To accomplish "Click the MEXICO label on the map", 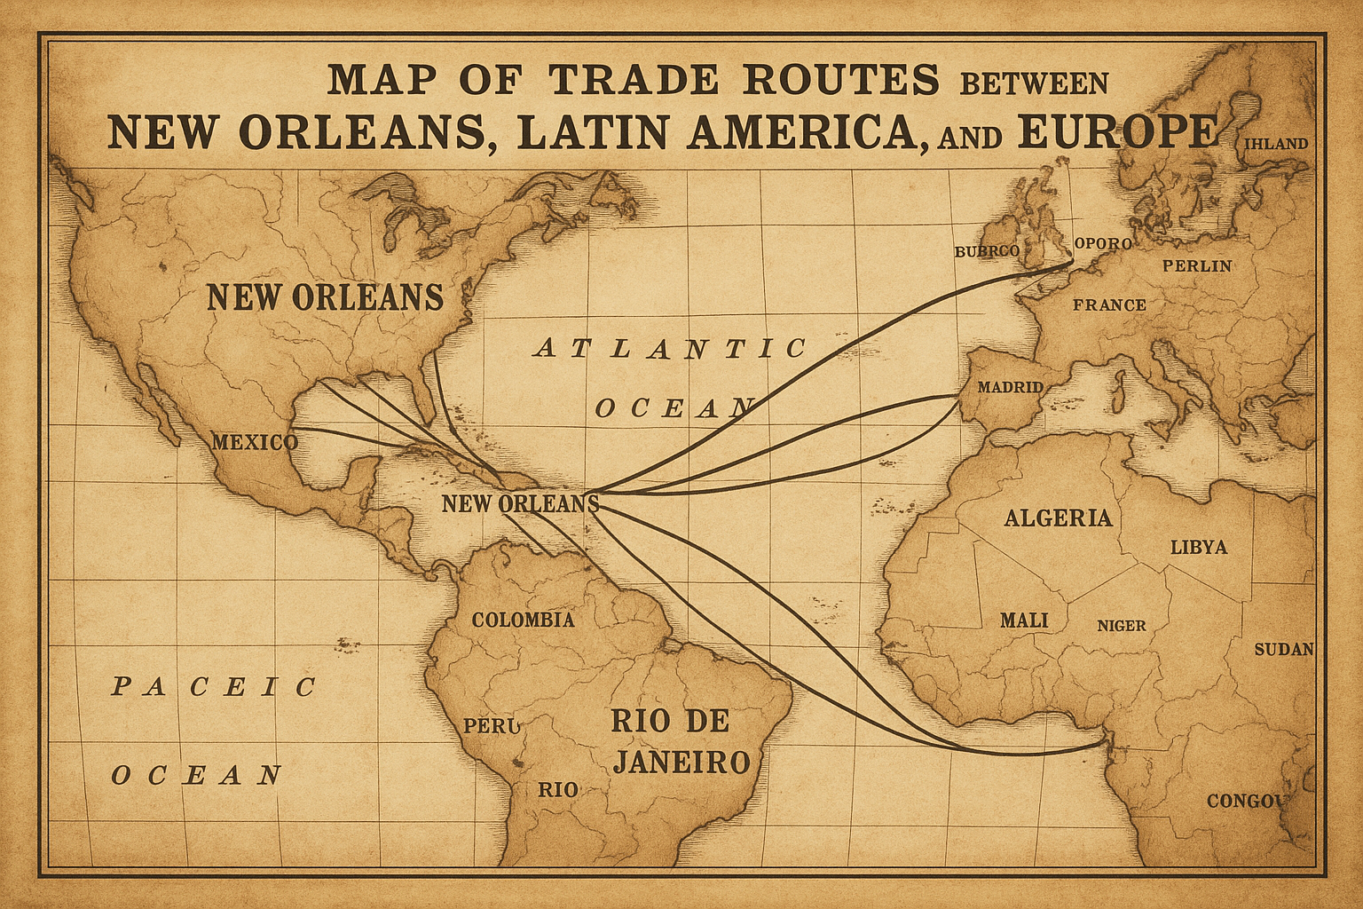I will pyautogui.click(x=254, y=442).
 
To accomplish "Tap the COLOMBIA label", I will pyautogui.click(x=523, y=620).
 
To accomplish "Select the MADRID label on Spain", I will pyautogui.click(x=1010, y=388).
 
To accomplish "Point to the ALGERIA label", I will pyautogui.click(x=1058, y=518).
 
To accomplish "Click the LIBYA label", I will pyautogui.click(x=1198, y=547).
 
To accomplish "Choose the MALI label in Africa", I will pyautogui.click(x=1023, y=620).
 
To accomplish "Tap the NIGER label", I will pyautogui.click(x=1121, y=626).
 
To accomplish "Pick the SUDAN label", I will pyautogui.click(x=1283, y=649).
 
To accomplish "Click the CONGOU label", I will pyautogui.click(x=1245, y=801).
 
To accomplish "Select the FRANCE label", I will pyautogui.click(x=1109, y=305).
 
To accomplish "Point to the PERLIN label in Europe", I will pyautogui.click(x=1197, y=265).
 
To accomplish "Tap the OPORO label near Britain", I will pyautogui.click(x=1103, y=243).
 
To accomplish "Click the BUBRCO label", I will pyautogui.click(x=987, y=251).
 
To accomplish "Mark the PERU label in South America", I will pyautogui.click(x=491, y=725).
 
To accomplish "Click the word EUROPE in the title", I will pyautogui.click(x=1120, y=131).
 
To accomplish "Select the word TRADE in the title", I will pyautogui.click(x=633, y=80).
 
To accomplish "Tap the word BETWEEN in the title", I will pyautogui.click(x=1034, y=83).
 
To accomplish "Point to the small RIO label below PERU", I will pyautogui.click(x=558, y=789).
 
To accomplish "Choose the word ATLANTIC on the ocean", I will pyautogui.click(x=670, y=348).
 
